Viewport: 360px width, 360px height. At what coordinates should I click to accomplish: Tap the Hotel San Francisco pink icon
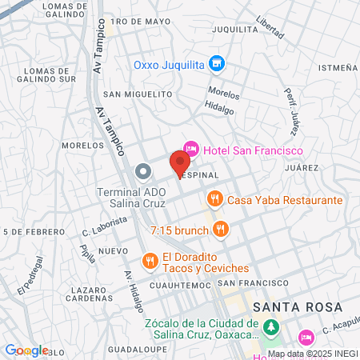191,148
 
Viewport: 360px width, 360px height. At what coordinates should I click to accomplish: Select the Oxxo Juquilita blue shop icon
215,63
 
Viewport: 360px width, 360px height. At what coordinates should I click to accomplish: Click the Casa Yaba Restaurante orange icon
214,199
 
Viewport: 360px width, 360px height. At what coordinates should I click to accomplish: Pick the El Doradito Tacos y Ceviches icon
149,260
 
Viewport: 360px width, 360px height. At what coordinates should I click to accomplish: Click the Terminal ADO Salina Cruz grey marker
143,171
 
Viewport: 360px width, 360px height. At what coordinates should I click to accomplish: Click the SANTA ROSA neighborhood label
296,307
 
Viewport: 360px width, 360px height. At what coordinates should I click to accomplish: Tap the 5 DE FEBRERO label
33,232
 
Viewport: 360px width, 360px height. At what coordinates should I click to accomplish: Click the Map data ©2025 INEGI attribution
312,354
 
